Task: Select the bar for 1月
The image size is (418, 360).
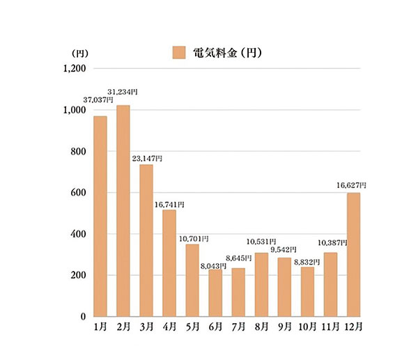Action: pos(100,216)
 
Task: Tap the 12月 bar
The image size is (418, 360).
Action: pos(353,255)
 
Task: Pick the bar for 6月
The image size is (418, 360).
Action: pos(215,293)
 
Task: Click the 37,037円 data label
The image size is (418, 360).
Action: pos(98,100)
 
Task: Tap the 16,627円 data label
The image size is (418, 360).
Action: pos(351,185)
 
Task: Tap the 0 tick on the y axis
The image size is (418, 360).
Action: pos(82,317)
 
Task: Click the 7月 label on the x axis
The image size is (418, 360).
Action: pos(238,327)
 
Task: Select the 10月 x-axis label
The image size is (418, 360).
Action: pos(307,327)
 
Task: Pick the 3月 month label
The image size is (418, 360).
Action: pos(146,327)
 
